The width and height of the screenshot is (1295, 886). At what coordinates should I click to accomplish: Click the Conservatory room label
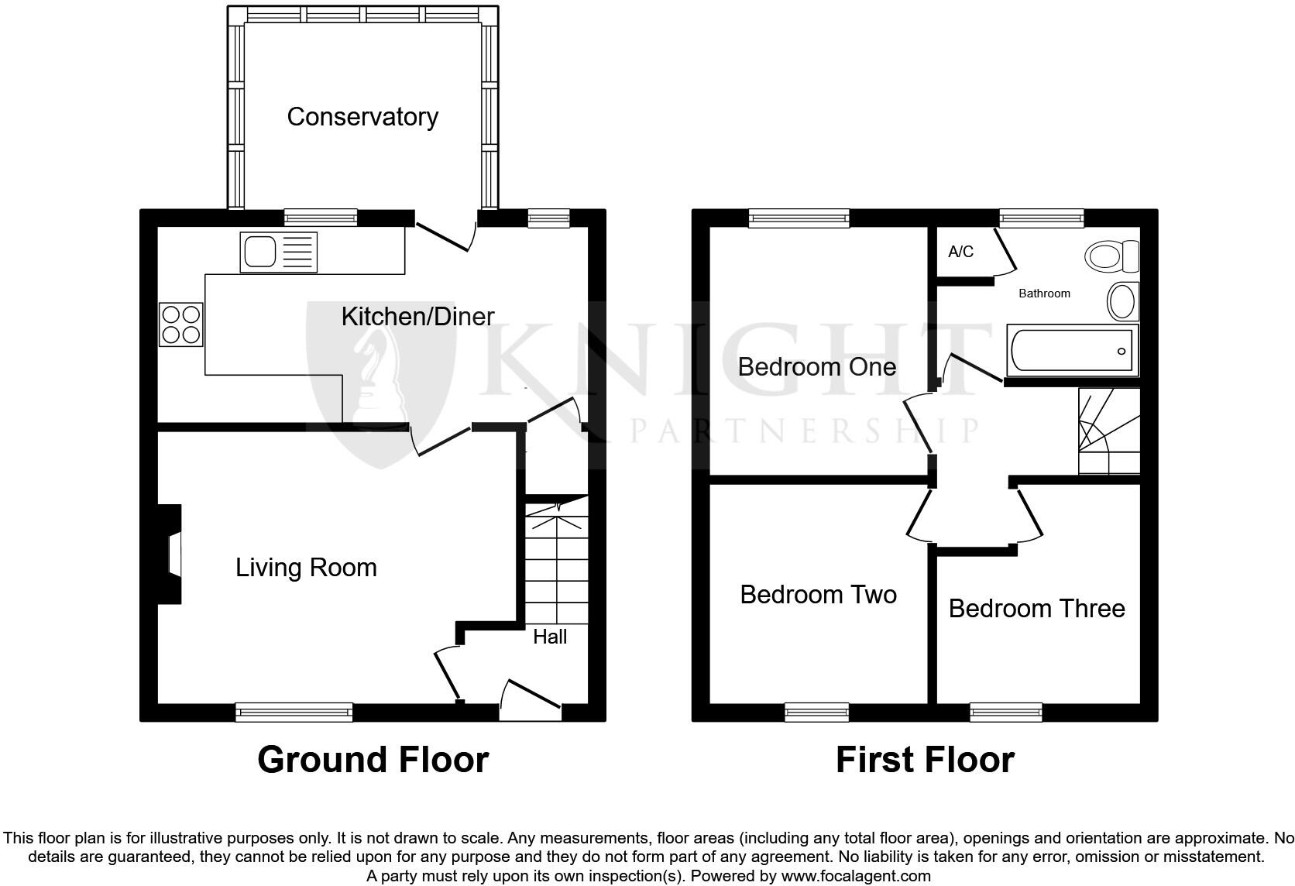pos(362,117)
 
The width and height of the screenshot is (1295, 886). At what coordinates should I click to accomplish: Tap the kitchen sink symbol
pos(279,252)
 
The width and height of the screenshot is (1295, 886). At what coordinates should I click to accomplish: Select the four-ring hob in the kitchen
pos(181,324)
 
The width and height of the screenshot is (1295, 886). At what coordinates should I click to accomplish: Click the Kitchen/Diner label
pos(417,316)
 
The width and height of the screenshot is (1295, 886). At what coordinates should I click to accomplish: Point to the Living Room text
pos(306,568)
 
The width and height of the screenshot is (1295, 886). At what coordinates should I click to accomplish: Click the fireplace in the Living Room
pos(170,555)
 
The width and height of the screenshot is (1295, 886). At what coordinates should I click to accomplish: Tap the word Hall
pos(550,637)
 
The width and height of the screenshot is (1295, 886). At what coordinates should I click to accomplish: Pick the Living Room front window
pos(294,712)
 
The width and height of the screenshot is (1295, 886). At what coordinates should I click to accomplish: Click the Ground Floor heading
pos(373,760)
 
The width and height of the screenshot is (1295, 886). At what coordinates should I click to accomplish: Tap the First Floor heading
pos(925,760)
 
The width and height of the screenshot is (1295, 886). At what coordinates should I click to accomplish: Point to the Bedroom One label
pos(816,366)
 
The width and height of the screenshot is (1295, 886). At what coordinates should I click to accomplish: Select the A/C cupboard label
pos(960,252)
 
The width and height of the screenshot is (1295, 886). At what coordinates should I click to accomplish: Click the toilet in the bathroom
pos(1113,256)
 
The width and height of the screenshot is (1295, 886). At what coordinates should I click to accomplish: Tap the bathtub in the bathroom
pos(1073,351)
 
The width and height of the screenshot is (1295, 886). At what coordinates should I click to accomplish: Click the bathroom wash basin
pos(1123,301)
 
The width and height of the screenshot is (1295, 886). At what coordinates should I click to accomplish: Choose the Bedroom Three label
pos(1036,608)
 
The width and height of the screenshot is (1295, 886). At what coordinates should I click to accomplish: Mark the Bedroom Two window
pos(816,712)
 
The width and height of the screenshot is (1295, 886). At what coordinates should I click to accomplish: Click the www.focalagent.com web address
pos(856,876)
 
